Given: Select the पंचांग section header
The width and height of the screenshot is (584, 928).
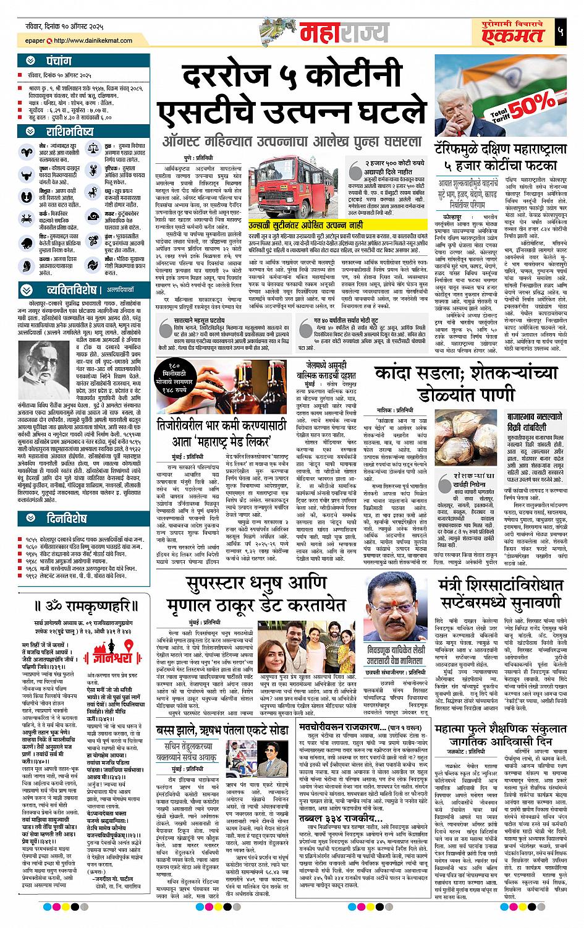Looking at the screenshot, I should [x=58, y=62].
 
